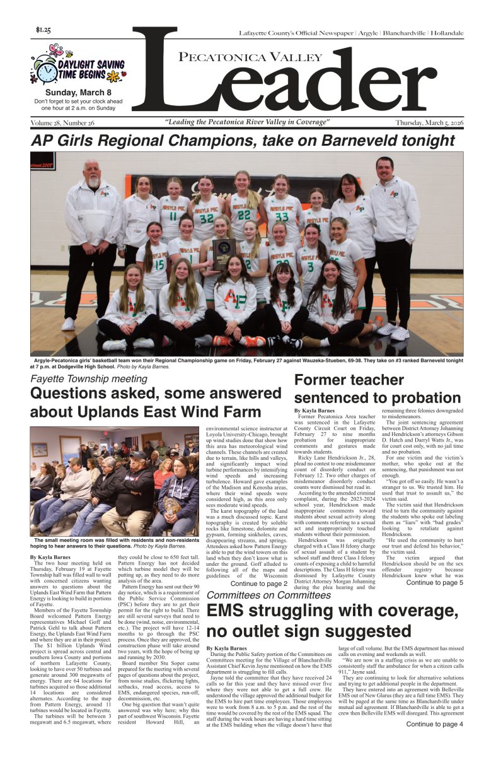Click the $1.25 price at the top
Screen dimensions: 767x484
(x=44, y=30)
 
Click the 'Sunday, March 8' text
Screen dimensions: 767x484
(x=79, y=91)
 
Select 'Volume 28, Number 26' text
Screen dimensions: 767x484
(x=62, y=122)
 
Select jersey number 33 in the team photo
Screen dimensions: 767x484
(x=280, y=216)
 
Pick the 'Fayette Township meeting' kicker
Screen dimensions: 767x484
(x=89, y=379)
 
